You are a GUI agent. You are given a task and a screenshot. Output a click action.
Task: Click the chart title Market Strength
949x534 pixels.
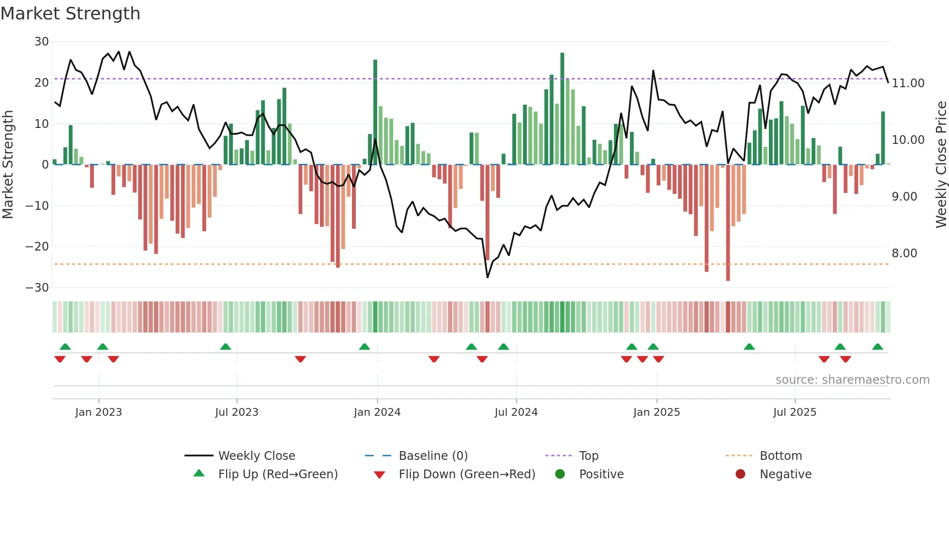pyautogui.click(x=71, y=14)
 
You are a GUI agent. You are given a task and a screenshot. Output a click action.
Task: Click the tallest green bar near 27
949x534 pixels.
pyautogui.click(x=562, y=109)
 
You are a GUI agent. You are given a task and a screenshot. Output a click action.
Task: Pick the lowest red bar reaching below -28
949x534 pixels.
pyautogui.click(x=728, y=223)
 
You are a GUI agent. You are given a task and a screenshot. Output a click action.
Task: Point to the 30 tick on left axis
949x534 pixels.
pyautogui.click(x=42, y=42)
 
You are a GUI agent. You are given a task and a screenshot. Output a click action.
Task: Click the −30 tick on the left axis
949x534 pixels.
pyautogui.click(x=37, y=288)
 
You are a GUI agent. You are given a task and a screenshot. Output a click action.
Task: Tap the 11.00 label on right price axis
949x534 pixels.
pyautogui.click(x=908, y=83)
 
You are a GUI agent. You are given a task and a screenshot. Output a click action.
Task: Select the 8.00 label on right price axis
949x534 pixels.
pyautogui.click(x=904, y=253)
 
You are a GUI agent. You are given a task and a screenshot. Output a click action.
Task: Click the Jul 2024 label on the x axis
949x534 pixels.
pyautogui.click(x=516, y=412)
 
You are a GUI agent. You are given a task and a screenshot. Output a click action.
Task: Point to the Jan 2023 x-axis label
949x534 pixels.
pyautogui.click(x=98, y=412)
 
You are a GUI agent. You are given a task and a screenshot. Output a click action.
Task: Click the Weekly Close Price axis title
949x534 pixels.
pyautogui.click(x=941, y=165)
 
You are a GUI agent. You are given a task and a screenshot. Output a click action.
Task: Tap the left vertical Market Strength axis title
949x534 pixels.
pyautogui.click(x=8, y=165)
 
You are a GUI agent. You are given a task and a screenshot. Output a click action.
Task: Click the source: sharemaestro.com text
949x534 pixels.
pyautogui.click(x=852, y=380)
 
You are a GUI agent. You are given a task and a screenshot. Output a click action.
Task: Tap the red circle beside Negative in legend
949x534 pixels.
pyautogui.click(x=740, y=474)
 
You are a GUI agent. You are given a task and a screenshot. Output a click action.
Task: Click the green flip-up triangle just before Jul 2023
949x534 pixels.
pyautogui.click(x=226, y=347)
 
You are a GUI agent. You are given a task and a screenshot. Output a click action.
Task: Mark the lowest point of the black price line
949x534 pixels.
pyautogui.click(x=488, y=277)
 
